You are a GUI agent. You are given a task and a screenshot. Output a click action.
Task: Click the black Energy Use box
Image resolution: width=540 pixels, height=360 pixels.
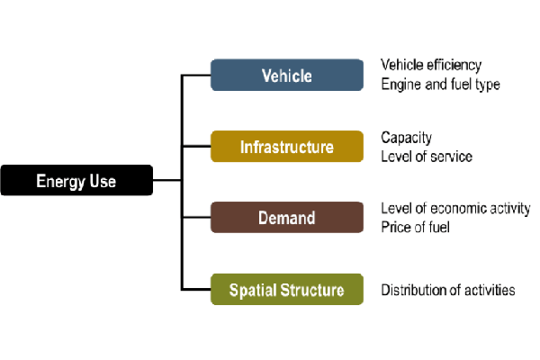76,181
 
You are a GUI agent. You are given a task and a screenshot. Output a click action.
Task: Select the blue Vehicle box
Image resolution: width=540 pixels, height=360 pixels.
286,76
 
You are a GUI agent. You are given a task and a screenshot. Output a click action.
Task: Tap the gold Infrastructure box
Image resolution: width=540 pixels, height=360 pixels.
286,147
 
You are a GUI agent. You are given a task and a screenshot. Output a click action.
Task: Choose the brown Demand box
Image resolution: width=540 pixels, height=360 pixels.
286,218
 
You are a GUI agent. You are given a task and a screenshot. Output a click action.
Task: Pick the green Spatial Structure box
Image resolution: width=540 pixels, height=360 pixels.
286,290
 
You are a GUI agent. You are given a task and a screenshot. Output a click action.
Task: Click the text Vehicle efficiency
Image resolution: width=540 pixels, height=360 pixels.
431,66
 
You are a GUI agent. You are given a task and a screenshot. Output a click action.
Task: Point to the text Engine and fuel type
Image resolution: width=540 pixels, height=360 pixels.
440,85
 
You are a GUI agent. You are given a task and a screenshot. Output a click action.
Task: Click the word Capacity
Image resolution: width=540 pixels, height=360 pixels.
406,138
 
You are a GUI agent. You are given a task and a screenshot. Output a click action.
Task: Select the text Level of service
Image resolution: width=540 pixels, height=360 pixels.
427,157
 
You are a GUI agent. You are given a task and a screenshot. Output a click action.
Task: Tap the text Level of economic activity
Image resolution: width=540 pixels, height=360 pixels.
455,209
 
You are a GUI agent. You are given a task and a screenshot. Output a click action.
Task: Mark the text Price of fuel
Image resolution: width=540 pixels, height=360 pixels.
415,227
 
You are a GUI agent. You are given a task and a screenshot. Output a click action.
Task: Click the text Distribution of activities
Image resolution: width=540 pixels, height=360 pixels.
448,290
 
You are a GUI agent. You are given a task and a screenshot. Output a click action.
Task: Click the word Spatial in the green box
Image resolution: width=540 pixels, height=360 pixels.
253,290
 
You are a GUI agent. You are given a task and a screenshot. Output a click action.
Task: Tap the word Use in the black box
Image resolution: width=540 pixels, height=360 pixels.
103,181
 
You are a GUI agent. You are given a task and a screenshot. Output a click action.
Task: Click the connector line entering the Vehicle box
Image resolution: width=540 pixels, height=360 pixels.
196,76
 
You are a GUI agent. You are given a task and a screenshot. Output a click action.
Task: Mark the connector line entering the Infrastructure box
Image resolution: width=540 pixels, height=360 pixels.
196,147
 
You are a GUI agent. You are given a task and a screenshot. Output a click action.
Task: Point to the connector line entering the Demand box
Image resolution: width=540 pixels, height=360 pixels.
196,218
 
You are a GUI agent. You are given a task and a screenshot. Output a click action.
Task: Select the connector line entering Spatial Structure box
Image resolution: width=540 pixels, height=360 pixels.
196,289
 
